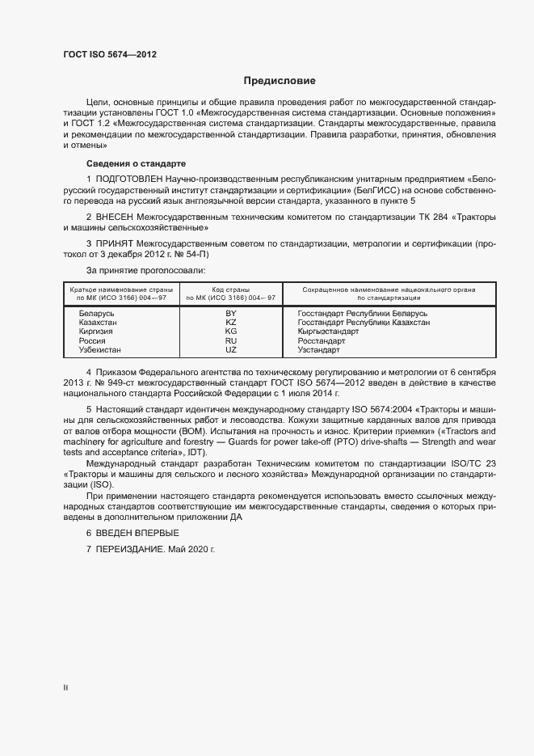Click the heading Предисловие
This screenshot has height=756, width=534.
click(x=280, y=81)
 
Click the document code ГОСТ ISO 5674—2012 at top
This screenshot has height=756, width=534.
click(x=110, y=54)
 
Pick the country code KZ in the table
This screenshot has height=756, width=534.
click(x=230, y=322)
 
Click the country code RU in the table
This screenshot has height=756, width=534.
click(x=230, y=340)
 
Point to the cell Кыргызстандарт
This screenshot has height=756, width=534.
click(x=328, y=332)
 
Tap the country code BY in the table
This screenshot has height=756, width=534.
click(x=230, y=312)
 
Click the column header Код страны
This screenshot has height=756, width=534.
click(x=230, y=289)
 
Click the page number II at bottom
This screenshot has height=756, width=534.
click(x=65, y=688)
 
